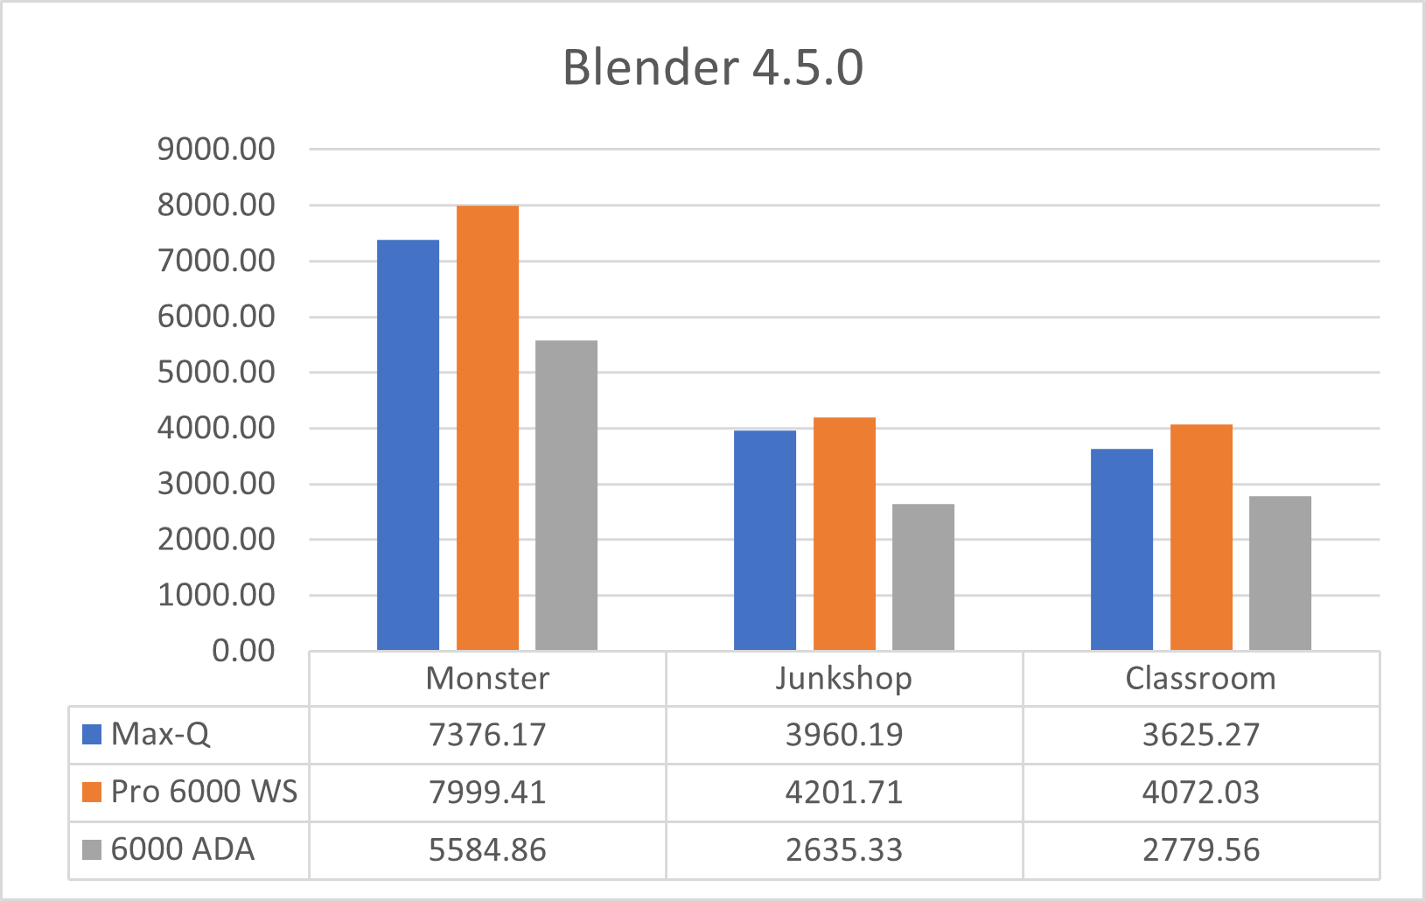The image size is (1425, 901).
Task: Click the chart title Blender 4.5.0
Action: pos(712,67)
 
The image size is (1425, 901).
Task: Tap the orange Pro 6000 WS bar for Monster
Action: pos(487,428)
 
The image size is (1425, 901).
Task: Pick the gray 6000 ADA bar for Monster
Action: pos(566,495)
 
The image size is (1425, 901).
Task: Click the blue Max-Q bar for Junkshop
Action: pos(765,540)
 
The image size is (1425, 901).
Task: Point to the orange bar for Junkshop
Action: pos(844,534)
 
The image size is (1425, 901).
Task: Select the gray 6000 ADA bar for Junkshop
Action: pos(923,576)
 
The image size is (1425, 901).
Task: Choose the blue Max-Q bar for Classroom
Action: pos(1121,549)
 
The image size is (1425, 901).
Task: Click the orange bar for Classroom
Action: pos(1201,537)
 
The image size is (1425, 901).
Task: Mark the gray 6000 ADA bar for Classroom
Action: pos(1280,573)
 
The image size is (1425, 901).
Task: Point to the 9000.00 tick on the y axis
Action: pos(216,150)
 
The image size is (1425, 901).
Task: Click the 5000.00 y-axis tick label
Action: pos(216,373)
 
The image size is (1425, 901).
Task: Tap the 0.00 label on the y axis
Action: pos(243,651)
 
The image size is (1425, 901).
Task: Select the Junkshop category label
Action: pos(843,679)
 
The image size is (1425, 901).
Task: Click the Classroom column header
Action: pos(1200,679)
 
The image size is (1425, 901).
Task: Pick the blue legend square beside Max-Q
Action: pos(92,734)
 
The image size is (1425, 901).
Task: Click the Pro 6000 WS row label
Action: pos(204,792)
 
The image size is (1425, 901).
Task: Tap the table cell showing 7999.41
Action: pos(487,793)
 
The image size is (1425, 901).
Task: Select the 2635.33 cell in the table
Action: pos(843,850)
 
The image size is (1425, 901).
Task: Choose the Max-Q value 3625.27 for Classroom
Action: pos(1200,735)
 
